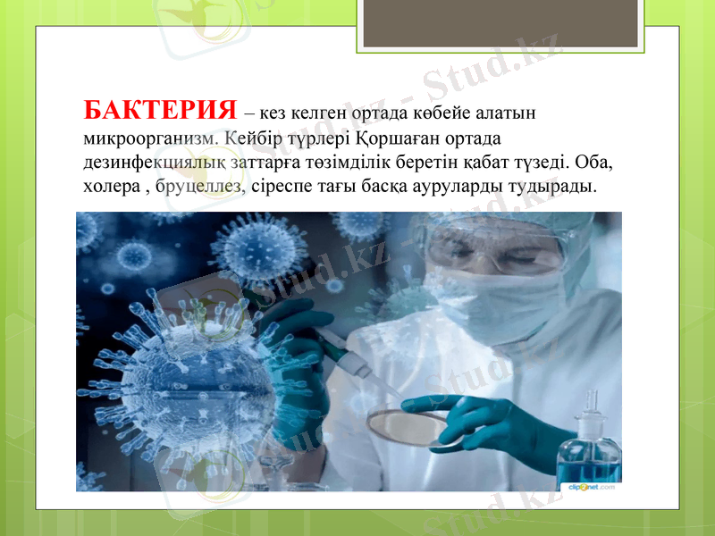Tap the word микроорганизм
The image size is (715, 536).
147,139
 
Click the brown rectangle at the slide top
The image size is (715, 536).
500,22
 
